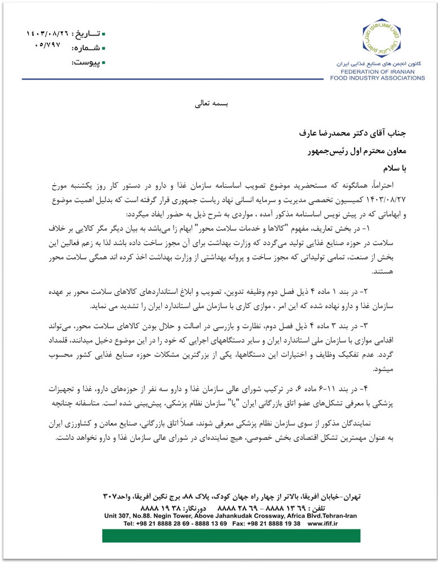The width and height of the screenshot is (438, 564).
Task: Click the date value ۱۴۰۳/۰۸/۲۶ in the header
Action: point(47,34)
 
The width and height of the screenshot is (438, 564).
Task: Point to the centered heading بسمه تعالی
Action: point(210,104)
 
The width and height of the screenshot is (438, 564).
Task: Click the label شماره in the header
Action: point(90,48)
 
